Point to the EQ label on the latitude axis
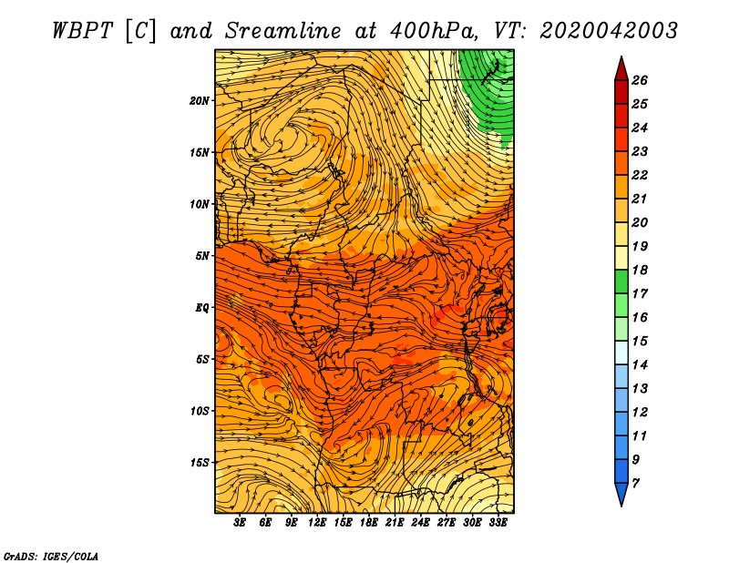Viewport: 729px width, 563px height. tap(202, 307)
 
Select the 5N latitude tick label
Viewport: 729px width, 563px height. tap(202, 255)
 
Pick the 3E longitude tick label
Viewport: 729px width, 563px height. tap(241, 523)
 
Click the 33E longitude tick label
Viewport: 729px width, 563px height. tap(498, 523)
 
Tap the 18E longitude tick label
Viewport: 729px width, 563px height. tap(369, 523)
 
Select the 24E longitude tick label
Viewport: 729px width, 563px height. tap(420, 523)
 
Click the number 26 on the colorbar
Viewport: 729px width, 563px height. tap(640, 80)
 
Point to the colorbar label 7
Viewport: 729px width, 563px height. tap(635, 482)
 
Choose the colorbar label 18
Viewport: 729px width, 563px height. tap(640, 270)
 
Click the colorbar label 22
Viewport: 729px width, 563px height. tap(640, 175)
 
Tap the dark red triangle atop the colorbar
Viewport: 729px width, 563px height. tap(621, 68)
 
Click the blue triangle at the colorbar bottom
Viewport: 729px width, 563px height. tap(621, 494)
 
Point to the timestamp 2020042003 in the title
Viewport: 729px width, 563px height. tap(608, 29)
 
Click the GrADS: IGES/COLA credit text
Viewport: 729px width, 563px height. tap(50, 555)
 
